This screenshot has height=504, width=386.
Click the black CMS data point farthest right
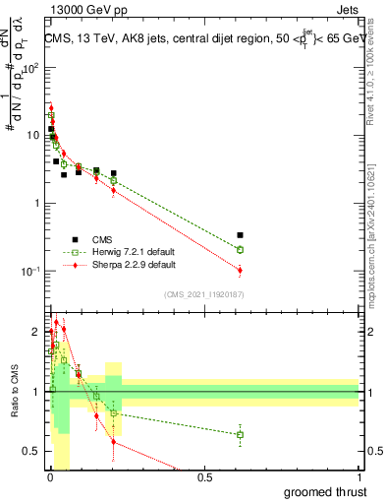[x=241, y=235]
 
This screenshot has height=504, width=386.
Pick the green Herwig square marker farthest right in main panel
[x=241, y=250]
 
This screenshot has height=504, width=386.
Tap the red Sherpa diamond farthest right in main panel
[x=241, y=270]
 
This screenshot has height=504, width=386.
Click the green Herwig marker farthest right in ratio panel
[x=241, y=434]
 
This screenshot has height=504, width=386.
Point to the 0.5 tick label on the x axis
[x=204, y=477]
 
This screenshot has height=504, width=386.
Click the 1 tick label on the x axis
[x=358, y=477]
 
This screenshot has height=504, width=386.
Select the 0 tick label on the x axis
[x=49, y=477]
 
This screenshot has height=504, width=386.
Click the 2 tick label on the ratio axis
[x=35, y=332]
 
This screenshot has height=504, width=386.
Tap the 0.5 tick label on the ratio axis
[x=31, y=452]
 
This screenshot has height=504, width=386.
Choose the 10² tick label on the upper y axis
[x=32, y=69]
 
